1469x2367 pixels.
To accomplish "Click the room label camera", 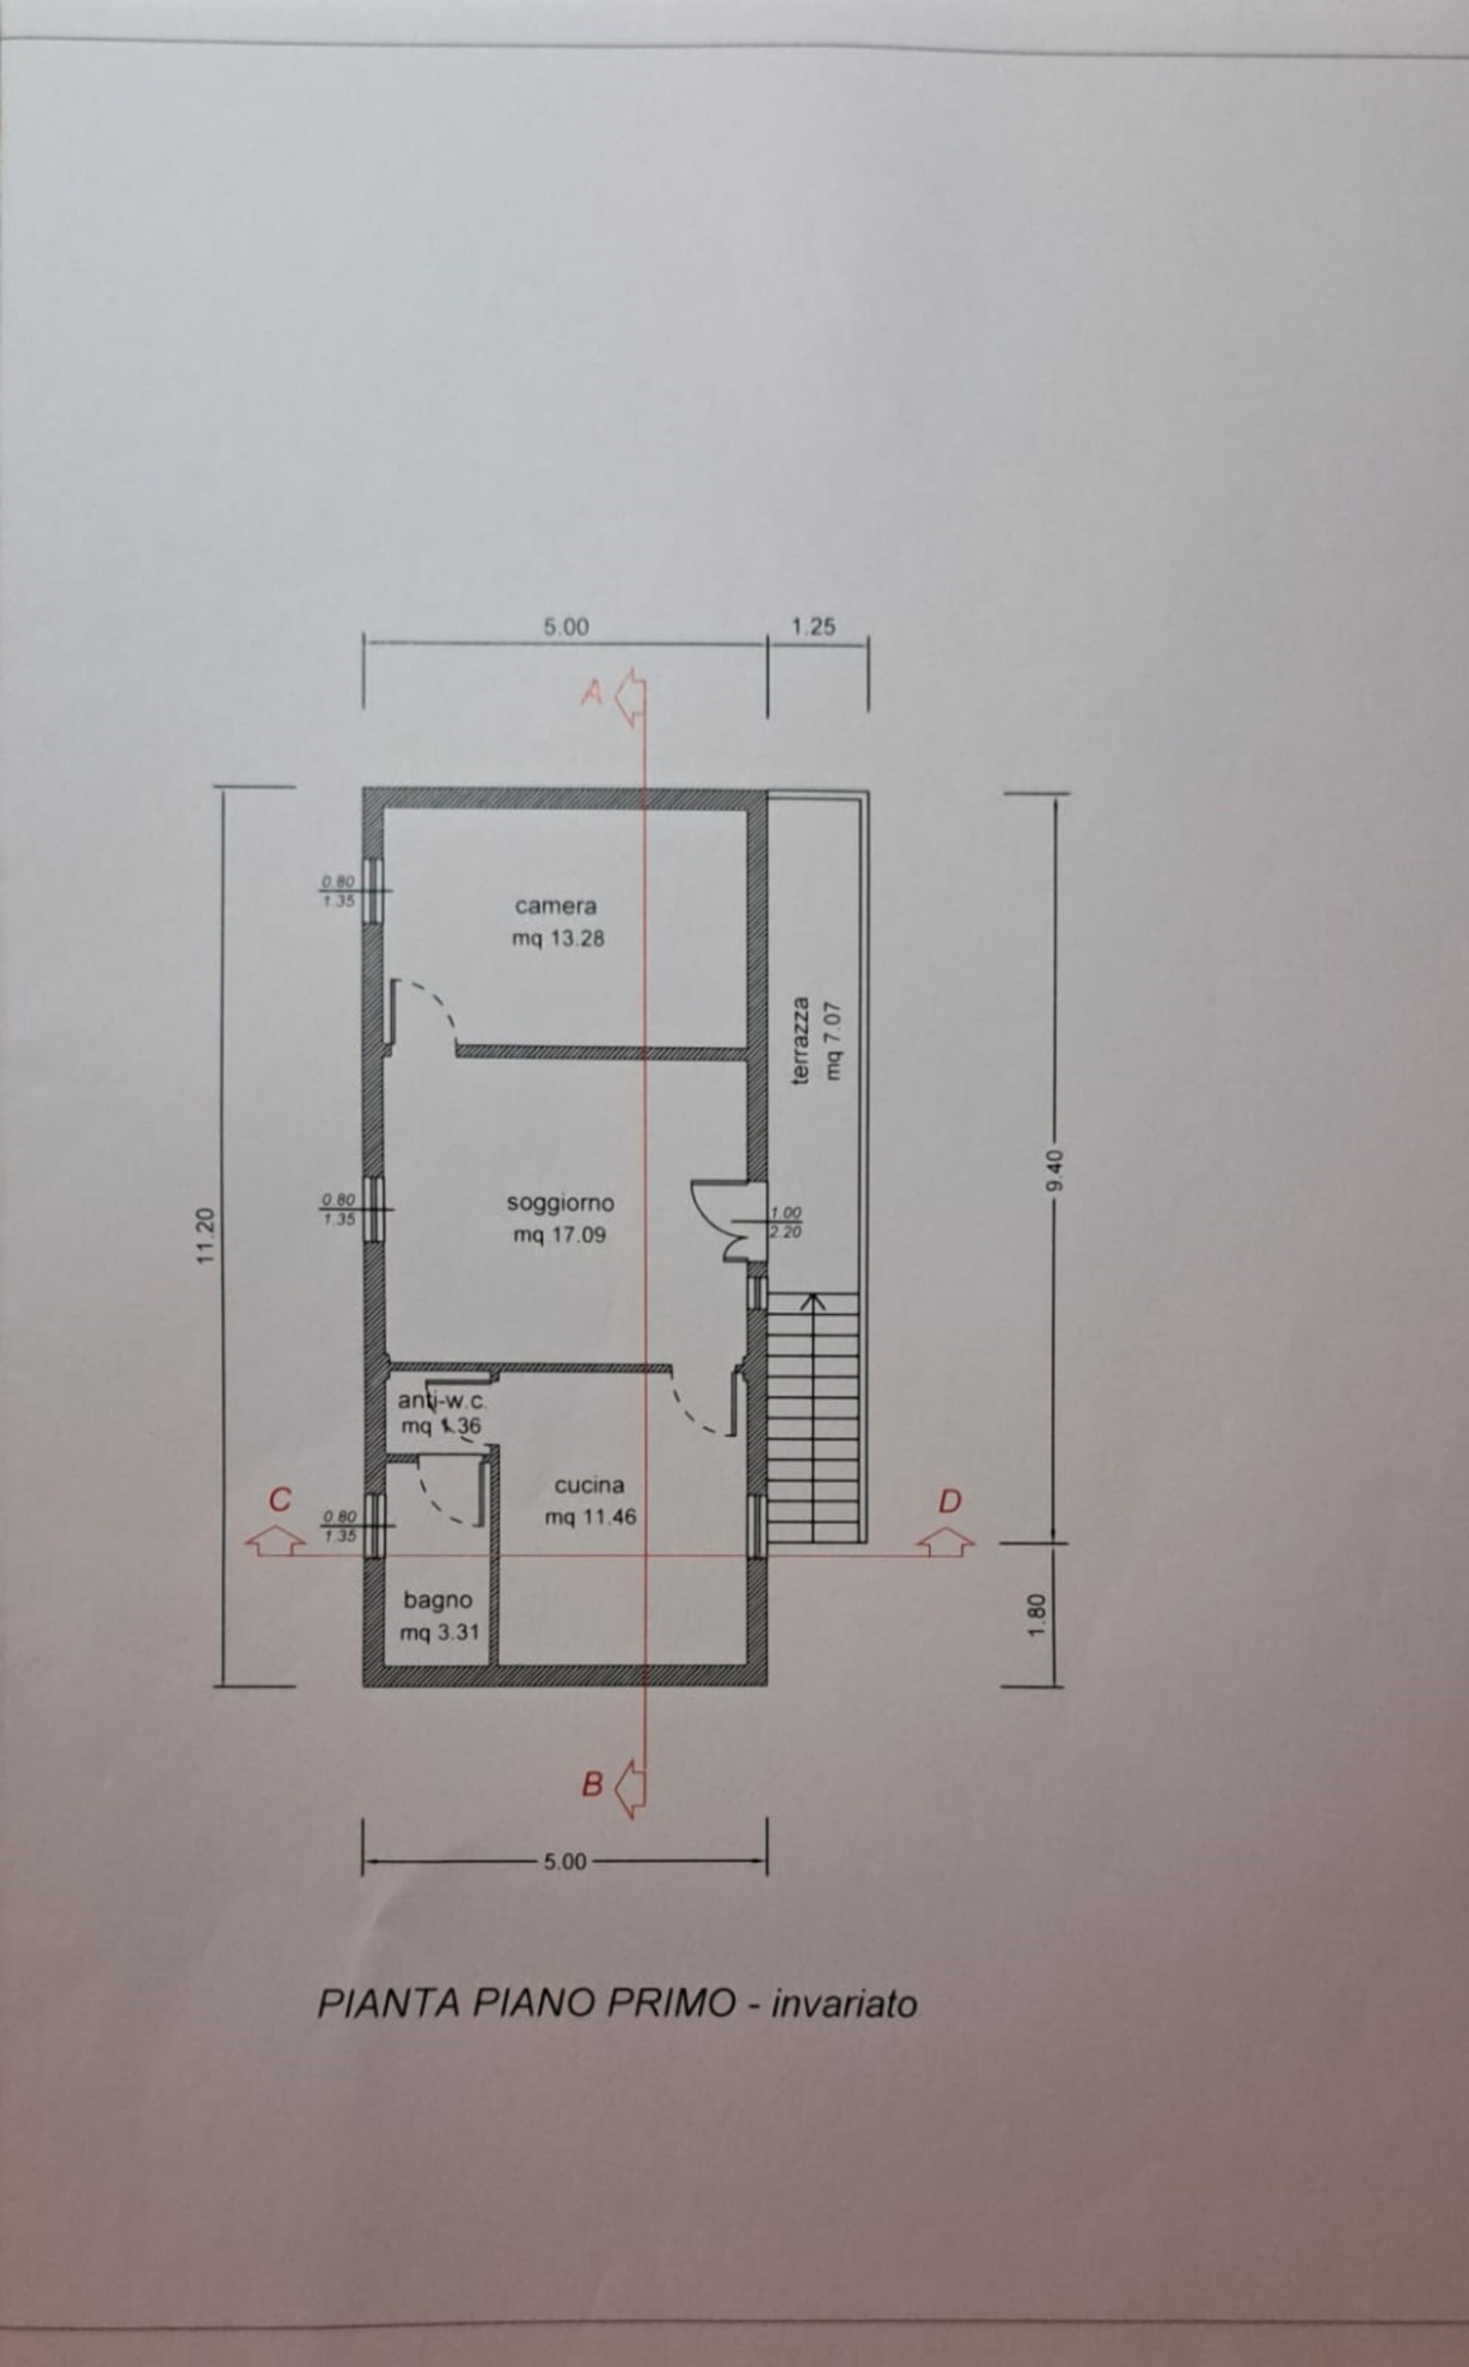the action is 556,906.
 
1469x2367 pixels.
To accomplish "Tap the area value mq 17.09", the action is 559,1236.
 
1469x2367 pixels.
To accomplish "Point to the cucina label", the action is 589,1486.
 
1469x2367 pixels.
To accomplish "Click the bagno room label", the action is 438,1600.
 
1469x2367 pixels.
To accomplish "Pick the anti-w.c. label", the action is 441,1401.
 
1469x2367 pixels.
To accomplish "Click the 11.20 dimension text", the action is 205,1236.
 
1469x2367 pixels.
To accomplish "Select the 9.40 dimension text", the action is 1057,1171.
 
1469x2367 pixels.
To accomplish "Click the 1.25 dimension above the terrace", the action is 814,627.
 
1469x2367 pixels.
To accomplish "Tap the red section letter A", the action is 592,693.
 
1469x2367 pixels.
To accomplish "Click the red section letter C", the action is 280,1501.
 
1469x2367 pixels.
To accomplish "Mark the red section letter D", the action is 949,1502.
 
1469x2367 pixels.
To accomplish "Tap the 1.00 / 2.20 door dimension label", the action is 785,1222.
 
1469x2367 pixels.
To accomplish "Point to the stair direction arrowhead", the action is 813,1300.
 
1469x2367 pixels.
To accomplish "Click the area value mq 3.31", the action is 440,1633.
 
